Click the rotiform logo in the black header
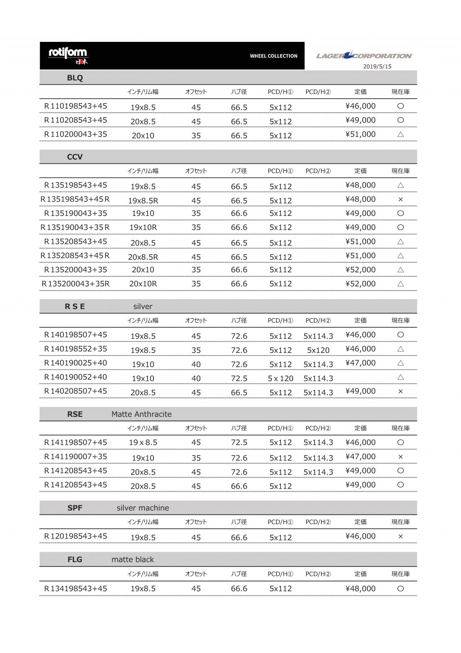pos(68,55)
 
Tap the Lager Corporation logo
pos(364,55)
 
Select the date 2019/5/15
pos(377,66)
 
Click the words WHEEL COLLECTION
pos(274,56)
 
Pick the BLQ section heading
pos(75,78)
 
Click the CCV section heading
pos(75,157)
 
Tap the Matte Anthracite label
pos(141,414)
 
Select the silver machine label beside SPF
pos(143,508)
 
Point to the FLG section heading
pos(75,559)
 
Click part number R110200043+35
pos(76,134)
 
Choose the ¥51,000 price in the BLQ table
pos(360,134)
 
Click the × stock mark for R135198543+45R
pos(401,199)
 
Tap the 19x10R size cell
pos(143,228)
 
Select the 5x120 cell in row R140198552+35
pos(318,350)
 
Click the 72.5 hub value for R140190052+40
pos(239,379)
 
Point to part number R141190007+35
pos(76,457)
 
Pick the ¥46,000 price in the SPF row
pos(360,536)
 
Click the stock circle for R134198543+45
pos(401,588)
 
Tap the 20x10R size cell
pos(143,284)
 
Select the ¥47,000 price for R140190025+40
pos(360,363)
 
